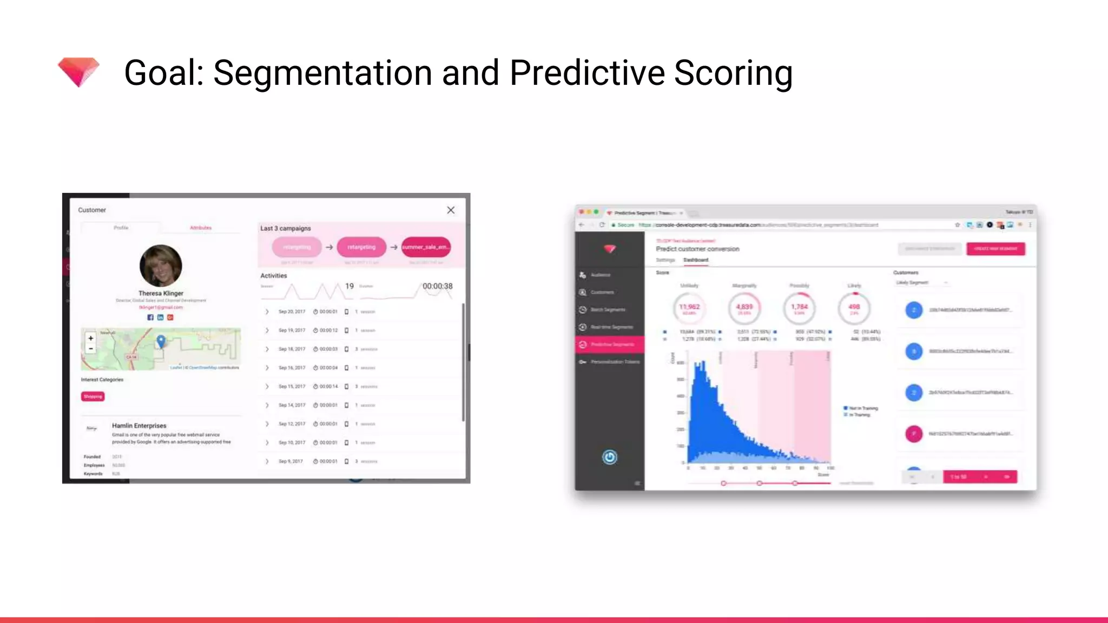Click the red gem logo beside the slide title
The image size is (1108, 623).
[78, 72]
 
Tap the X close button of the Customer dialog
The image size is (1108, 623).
[451, 210]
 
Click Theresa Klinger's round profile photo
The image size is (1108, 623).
[161, 266]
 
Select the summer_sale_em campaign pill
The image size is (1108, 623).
[426, 247]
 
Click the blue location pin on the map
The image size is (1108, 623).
[161, 341]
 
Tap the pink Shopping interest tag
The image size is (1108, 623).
[93, 396]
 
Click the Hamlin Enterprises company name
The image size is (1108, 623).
[139, 426]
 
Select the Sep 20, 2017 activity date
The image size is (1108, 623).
[292, 311]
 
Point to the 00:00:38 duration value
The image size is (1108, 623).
[437, 286]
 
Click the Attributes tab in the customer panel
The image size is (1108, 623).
[201, 228]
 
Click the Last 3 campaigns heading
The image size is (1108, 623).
[286, 228]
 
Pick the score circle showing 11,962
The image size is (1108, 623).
[689, 308]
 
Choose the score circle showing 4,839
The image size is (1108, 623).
[744, 308]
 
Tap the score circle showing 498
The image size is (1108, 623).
[854, 308]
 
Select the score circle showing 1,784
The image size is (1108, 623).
[799, 308]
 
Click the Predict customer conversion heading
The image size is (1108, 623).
[697, 249]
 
